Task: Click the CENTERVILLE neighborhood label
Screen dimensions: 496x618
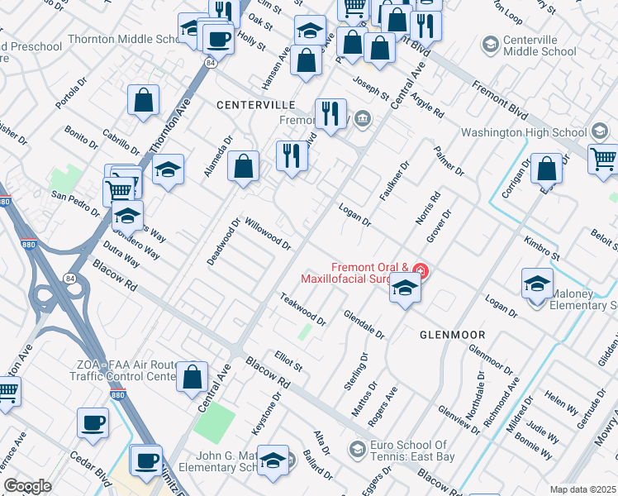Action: pyautogui.click(x=255, y=105)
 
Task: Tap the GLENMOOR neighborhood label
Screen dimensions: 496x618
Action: pyautogui.click(x=452, y=334)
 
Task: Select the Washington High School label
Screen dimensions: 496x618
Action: pyautogui.click(x=523, y=132)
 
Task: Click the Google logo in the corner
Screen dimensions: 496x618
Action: pyautogui.click(x=26, y=486)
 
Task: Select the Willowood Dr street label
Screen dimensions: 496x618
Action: pyautogui.click(x=269, y=234)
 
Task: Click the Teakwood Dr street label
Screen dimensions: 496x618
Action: pyautogui.click(x=302, y=309)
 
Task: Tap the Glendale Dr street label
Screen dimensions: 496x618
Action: pyautogui.click(x=364, y=325)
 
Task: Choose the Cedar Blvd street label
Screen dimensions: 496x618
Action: pyautogui.click(x=90, y=468)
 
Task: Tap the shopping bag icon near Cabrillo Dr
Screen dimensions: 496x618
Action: pyautogui.click(x=144, y=100)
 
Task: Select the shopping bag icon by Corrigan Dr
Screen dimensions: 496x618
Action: pyautogui.click(x=547, y=169)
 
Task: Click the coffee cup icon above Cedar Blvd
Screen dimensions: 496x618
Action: pyautogui.click(x=93, y=422)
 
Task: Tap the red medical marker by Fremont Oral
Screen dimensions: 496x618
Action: pyautogui.click(x=421, y=270)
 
